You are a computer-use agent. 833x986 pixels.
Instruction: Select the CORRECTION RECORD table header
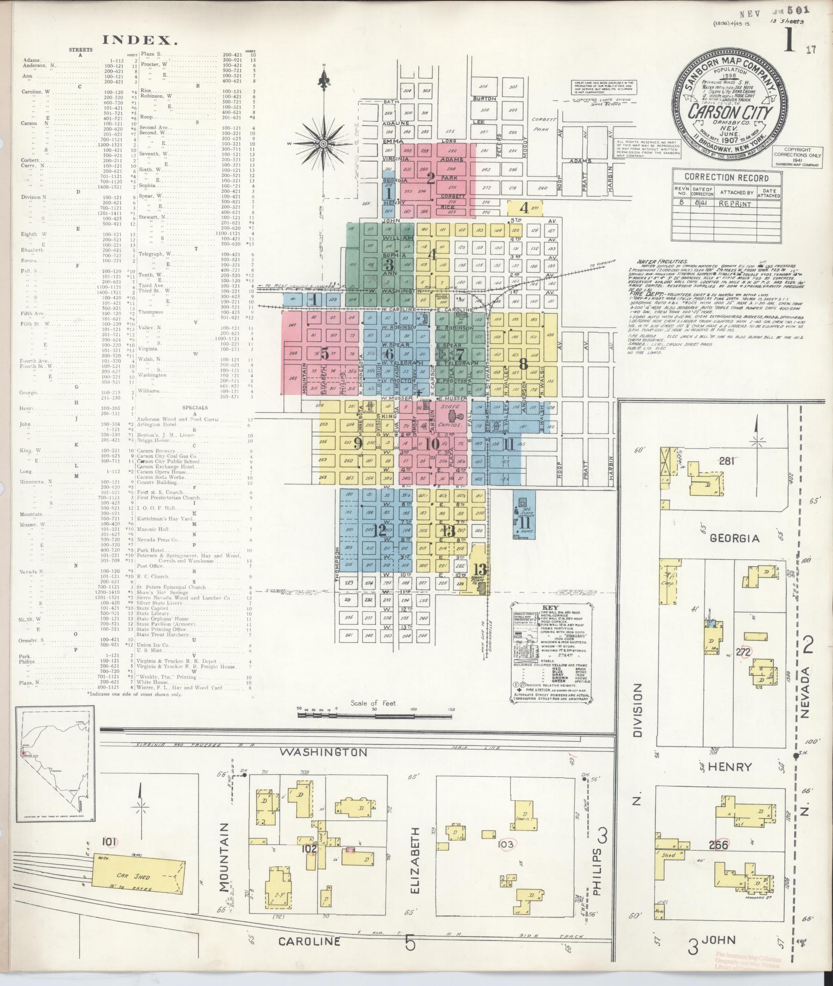pyautogui.click(x=727, y=178)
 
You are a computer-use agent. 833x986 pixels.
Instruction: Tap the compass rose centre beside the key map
pyautogui.click(x=323, y=144)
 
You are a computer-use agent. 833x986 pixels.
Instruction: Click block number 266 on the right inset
pyautogui.click(x=718, y=844)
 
